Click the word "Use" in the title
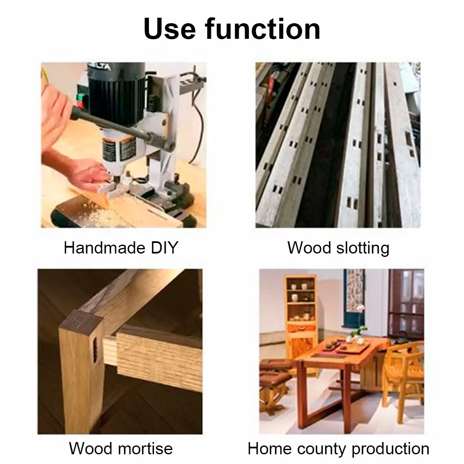pyautogui.click(x=170, y=29)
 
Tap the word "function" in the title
pyautogui.click(x=262, y=29)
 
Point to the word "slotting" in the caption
pyautogui.click(x=361, y=248)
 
